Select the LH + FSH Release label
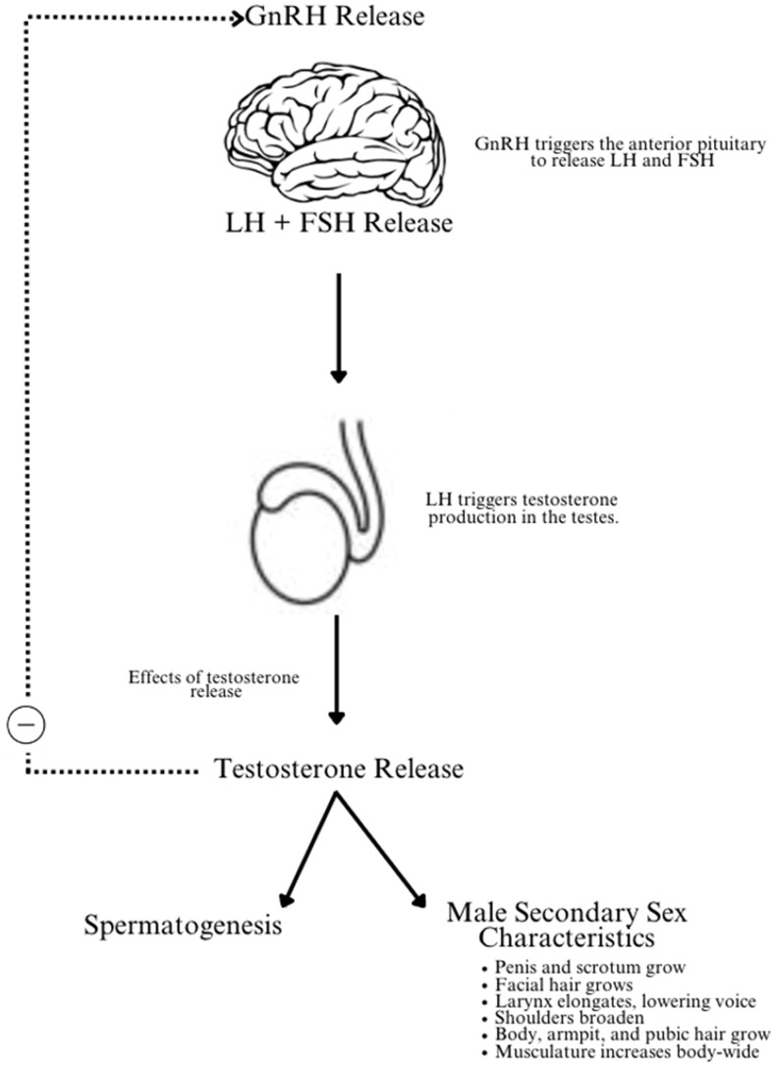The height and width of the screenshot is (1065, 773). pyautogui.click(x=339, y=224)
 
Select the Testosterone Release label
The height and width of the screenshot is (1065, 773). pyautogui.click(x=339, y=768)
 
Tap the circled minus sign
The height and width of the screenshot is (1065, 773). pyautogui.click(x=26, y=724)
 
